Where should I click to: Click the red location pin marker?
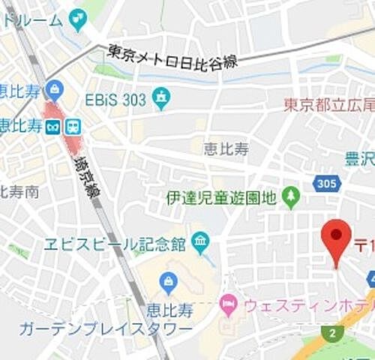pos(336,238)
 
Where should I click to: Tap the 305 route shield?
pos(328,184)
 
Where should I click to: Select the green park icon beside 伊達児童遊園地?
pos(291,198)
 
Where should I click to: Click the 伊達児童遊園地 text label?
pos(221,199)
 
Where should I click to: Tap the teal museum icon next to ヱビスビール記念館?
pos(199,241)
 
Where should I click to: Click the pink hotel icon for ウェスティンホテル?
pos(227,304)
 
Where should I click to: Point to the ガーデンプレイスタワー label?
pos(105,329)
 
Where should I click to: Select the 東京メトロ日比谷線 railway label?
pos(173,57)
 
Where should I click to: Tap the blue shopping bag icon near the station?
pos(54,91)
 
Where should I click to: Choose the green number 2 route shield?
pos(331,332)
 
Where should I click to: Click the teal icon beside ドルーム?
pos(77,18)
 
